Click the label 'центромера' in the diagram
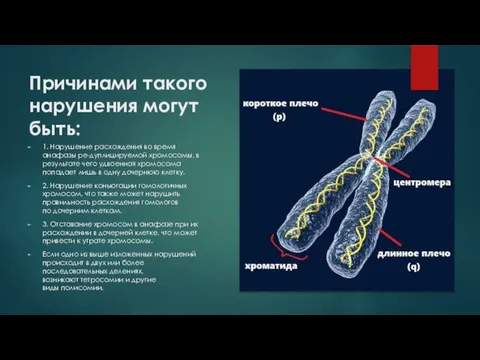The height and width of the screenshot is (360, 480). (422, 184)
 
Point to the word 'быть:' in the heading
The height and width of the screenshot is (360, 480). (58, 127)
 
